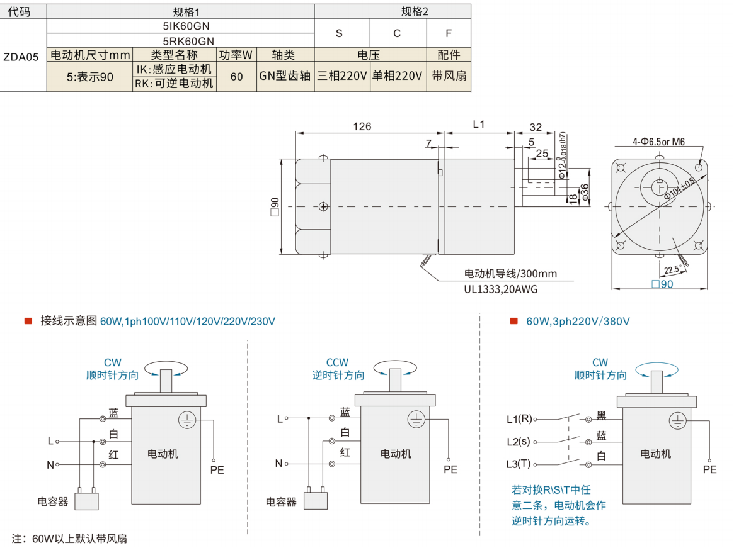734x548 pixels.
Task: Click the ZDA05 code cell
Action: click(x=21, y=57)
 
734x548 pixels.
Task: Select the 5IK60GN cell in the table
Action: click(x=186, y=26)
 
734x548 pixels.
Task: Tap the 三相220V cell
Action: click(x=342, y=75)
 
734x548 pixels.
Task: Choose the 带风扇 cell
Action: click(x=449, y=75)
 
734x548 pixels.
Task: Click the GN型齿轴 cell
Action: click(x=285, y=75)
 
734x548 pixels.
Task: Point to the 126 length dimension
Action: click(x=362, y=126)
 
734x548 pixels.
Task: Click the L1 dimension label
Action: click(x=478, y=125)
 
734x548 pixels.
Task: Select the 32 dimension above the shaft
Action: click(x=536, y=127)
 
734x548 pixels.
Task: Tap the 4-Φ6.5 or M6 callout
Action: click(x=658, y=141)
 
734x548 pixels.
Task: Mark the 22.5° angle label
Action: click(x=673, y=270)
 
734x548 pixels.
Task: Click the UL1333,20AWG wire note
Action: click(x=500, y=289)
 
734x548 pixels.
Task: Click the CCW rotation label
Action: click(x=337, y=362)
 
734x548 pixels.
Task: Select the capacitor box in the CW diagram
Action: click(x=86, y=501)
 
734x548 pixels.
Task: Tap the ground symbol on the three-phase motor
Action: click(x=677, y=421)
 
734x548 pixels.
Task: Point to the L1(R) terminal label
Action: click(x=519, y=419)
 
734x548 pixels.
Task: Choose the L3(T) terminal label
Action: click(x=518, y=464)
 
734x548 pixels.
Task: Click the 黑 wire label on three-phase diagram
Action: click(x=601, y=416)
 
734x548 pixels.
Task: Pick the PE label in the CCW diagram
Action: click(x=450, y=469)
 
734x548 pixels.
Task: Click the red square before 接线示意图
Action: click(x=28, y=321)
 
